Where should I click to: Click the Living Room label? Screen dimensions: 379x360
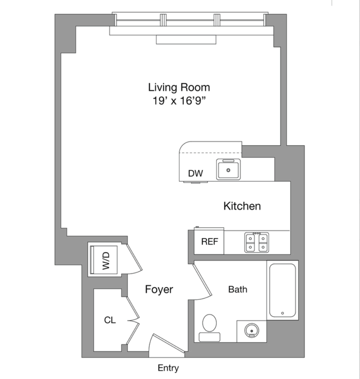click(179, 87)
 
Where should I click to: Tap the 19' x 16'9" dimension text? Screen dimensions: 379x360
click(179, 101)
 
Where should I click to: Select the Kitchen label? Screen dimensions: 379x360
click(242, 206)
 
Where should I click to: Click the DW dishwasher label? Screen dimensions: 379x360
click(195, 174)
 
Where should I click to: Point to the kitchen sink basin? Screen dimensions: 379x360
click(228, 170)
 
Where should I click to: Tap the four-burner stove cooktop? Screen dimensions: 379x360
click(256, 242)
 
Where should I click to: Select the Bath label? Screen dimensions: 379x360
click(238, 289)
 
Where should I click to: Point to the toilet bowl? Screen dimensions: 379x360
click(210, 323)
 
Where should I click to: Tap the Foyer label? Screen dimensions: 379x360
click(159, 289)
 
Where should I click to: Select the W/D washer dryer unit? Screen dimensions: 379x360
click(105, 260)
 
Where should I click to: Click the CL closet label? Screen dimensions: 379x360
click(109, 320)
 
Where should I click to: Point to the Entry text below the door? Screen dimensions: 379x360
click(168, 368)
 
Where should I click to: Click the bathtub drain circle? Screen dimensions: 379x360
click(283, 313)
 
